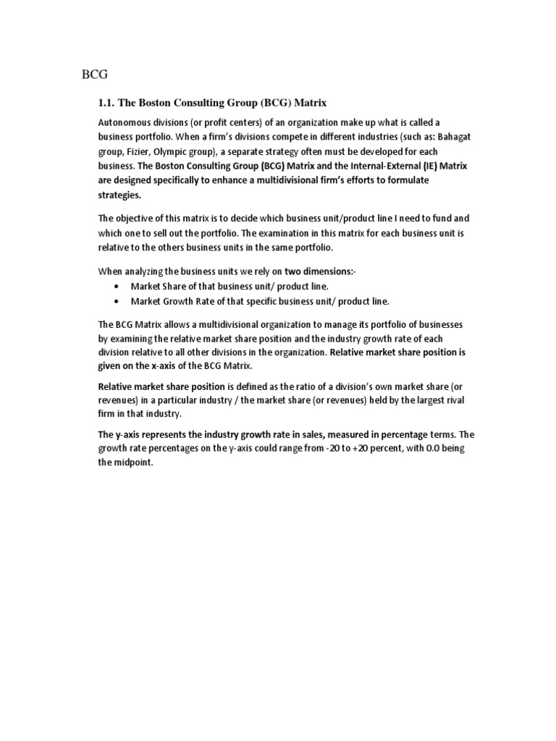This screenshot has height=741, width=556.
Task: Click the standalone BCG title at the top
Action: click(x=92, y=74)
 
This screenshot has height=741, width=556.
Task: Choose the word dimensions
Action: click(x=347, y=271)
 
